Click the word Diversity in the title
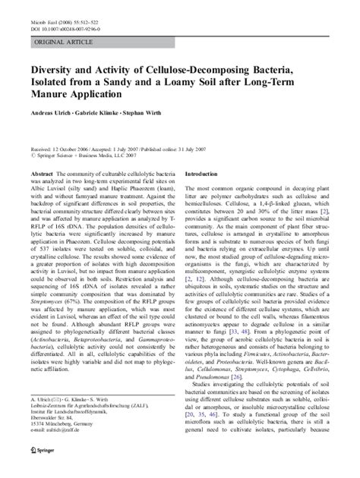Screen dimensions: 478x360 (x=51, y=68)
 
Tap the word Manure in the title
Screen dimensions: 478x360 (x=52, y=96)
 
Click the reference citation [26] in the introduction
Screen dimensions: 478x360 (x=280, y=375)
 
